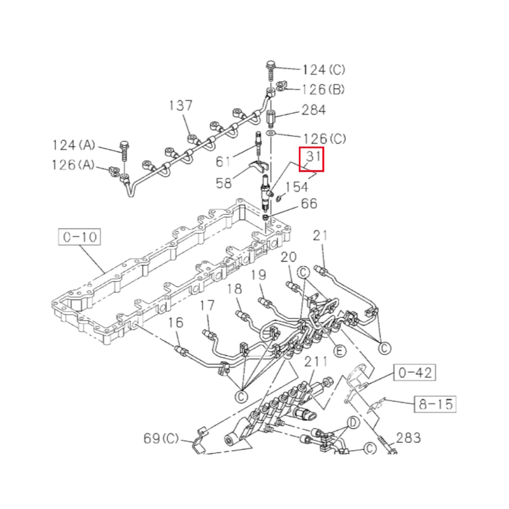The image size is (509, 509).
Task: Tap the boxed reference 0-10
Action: tap(80, 237)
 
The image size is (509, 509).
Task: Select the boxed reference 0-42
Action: tap(415, 372)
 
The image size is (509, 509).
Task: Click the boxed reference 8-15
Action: tap(435, 404)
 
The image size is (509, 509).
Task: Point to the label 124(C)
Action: tap(324, 70)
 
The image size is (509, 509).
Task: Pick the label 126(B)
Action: tap(323, 89)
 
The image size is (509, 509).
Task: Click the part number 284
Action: tap(313, 110)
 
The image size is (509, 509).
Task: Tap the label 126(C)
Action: tap(325, 139)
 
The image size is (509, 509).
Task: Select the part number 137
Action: tap(181, 105)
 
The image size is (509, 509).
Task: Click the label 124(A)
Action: tap(74, 145)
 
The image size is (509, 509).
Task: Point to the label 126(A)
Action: tap(73, 164)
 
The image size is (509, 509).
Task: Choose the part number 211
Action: tap(316, 361)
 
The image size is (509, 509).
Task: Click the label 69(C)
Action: tap(161, 438)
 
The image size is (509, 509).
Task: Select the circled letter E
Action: tap(339, 351)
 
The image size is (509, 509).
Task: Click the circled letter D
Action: tap(353, 423)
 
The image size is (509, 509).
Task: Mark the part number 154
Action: tap(297, 187)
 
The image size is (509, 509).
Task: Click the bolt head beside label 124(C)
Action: tap(271, 65)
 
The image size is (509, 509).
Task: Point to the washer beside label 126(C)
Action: tap(271, 133)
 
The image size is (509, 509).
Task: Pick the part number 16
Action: tap(176, 322)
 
